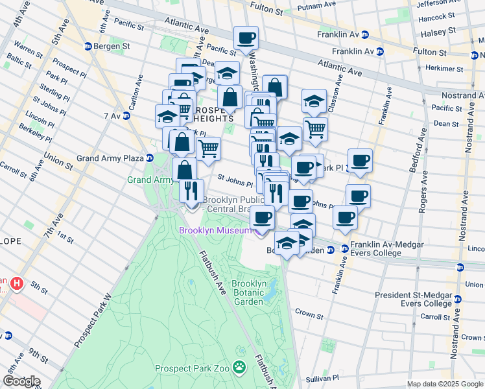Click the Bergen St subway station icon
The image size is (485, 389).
88,46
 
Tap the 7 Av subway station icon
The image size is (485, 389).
127,115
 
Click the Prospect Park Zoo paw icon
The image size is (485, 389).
240,368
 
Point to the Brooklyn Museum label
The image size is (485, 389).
215,231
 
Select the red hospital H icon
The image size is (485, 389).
16,284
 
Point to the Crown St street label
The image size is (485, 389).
309,312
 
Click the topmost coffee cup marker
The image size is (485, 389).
246,38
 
